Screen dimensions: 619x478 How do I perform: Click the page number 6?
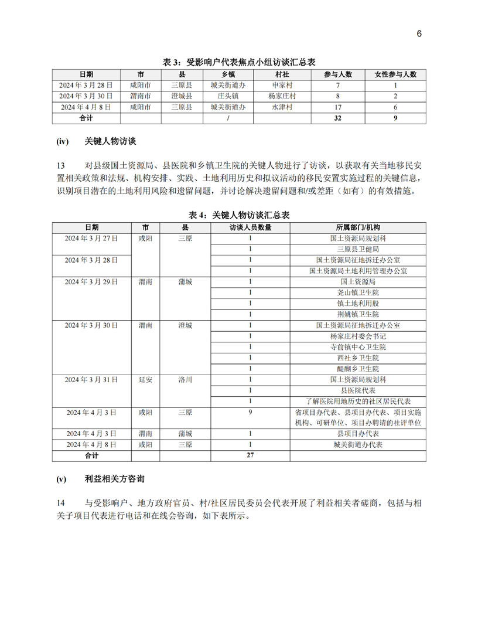point(419,33)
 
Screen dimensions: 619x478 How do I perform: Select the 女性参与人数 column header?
point(395,74)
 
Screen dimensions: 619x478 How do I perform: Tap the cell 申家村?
point(282,86)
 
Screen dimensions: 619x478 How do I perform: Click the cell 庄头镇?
point(227,96)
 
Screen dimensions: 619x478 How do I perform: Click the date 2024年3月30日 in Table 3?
point(86,96)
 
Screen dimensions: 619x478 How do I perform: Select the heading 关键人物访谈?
point(111,142)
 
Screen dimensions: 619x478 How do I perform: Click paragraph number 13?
point(61,165)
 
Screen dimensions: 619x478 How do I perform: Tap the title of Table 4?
point(239,215)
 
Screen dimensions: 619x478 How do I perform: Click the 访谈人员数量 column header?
point(250,227)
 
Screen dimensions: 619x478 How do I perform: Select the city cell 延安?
point(146,380)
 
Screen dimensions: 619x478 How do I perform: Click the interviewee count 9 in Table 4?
point(250,412)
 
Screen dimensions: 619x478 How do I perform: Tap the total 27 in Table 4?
point(250,455)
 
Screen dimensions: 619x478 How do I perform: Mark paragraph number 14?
point(61,502)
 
